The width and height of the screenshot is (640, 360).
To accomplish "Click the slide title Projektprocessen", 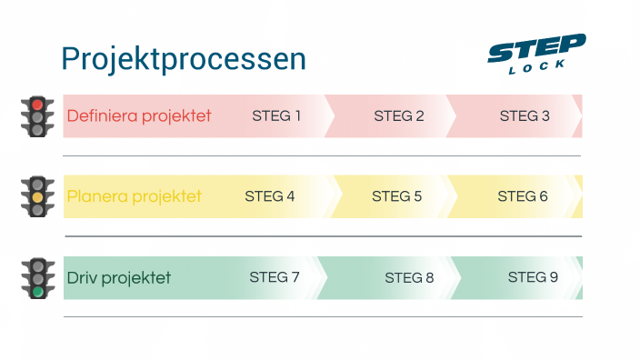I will pos(183,59).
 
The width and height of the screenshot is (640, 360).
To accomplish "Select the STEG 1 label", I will pos(276,115).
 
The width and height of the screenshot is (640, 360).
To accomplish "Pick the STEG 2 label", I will pos(399,115).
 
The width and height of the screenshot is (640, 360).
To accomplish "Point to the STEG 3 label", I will pos(525,115).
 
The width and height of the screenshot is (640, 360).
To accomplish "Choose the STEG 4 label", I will pos(270,195).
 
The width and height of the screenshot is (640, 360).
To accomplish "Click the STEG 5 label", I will pos(397,195).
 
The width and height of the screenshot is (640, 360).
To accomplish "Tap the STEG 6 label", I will pos(523,195).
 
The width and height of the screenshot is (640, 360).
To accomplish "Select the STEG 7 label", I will pos(275,277).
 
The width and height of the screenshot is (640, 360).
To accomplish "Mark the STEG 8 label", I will pos(409,277).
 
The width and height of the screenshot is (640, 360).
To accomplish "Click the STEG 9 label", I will pos(533,276).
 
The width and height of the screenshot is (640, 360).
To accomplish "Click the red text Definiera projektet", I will pos(139,115).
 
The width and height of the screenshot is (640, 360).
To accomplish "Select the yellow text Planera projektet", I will pos(134,196).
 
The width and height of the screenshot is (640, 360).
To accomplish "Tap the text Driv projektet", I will pos(118,277).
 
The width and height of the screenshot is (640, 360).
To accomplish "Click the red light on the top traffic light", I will pos(37,105).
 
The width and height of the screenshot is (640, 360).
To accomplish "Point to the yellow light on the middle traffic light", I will pos(37,197).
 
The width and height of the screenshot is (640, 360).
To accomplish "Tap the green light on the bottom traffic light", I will pos(37,292).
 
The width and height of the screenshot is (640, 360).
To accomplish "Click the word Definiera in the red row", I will pos(100,115).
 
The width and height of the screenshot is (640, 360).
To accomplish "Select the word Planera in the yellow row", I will pos(95,196).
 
